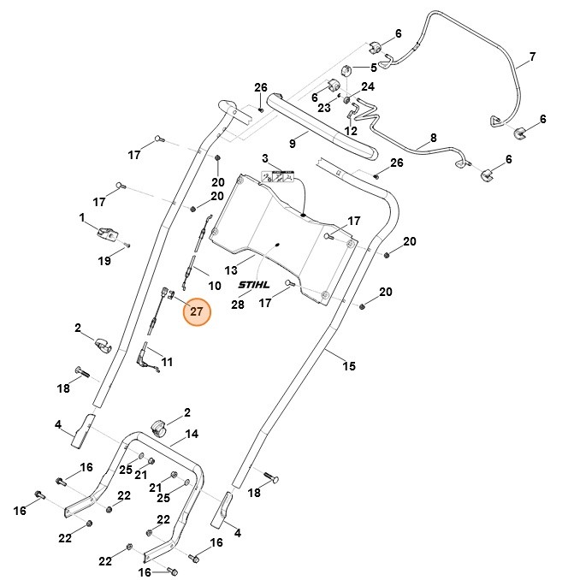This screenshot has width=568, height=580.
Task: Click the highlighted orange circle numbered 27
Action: [x=196, y=312]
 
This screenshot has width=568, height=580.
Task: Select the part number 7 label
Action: [x=531, y=57]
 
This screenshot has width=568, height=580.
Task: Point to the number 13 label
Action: [x=231, y=269]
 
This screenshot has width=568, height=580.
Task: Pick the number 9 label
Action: [x=292, y=144]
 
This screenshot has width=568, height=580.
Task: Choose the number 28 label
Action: [x=238, y=304]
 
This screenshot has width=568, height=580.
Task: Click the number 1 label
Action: [x=83, y=218]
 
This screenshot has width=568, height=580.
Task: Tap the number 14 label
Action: [x=192, y=434]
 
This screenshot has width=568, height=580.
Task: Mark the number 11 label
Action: [x=167, y=362]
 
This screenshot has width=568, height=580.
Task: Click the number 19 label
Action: [x=104, y=261]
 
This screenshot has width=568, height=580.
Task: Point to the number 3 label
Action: [x=265, y=158]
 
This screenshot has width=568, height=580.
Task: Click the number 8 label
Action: [x=433, y=137]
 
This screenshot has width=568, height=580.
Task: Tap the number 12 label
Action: [x=351, y=131]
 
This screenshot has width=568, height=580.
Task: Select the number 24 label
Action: [x=368, y=86]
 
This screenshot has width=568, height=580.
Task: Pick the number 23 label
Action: [x=324, y=108]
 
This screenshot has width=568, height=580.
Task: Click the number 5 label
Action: [x=373, y=67]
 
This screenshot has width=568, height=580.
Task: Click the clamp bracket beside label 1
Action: [x=109, y=231]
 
